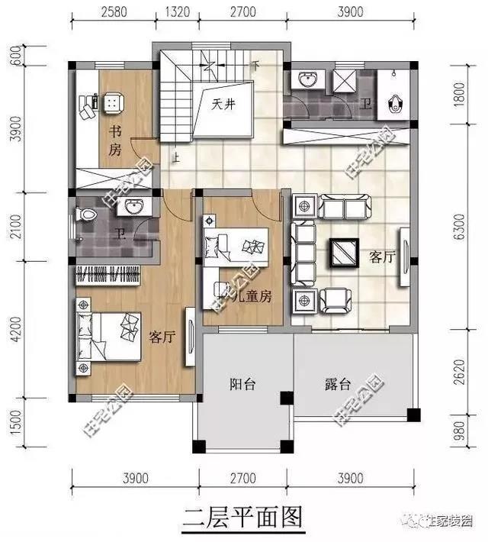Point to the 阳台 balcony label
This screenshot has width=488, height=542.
(x=242, y=385)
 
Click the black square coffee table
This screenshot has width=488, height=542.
(x=345, y=253)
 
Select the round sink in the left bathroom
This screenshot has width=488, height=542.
(x=134, y=208)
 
